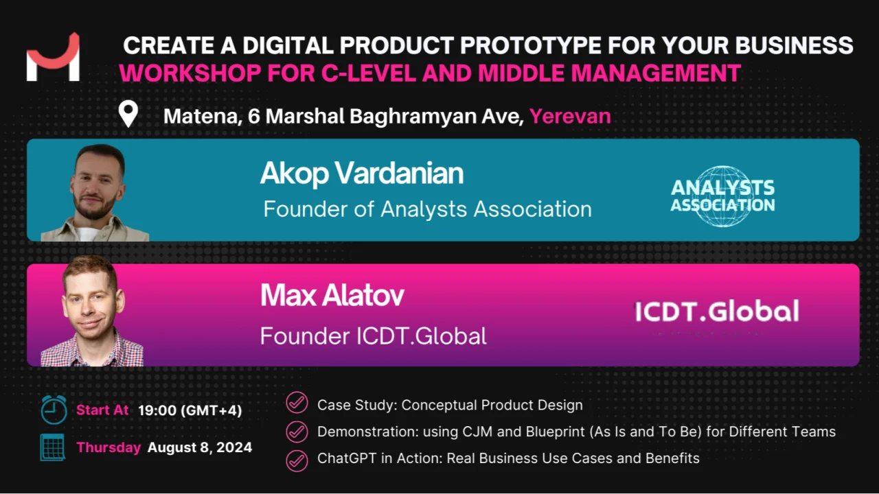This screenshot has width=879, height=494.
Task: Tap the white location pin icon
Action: (x=128, y=114)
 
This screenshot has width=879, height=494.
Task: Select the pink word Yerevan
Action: (x=570, y=117)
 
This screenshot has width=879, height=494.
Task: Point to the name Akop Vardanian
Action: (x=362, y=173)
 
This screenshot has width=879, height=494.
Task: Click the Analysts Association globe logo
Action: (x=723, y=196)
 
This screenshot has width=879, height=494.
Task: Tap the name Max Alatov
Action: (x=332, y=295)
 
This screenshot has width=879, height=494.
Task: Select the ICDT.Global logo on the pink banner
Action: (x=717, y=311)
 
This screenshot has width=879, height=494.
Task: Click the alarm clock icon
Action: (x=54, y=410)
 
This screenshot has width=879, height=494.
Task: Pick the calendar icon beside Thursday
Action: (x=53, y=447)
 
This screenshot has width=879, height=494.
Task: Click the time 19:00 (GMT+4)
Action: (x=190, y=410)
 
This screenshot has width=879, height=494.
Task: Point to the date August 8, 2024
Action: (x=200, y=447)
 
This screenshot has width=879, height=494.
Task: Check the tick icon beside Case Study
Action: (x=297, y=403)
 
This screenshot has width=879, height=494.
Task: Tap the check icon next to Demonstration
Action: (x=297, y=432)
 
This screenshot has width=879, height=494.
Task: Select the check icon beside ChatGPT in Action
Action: (x=297, y=460)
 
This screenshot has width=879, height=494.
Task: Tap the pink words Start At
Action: (x=102, y=410)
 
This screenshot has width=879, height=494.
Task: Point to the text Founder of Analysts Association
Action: (x=427, y=209)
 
